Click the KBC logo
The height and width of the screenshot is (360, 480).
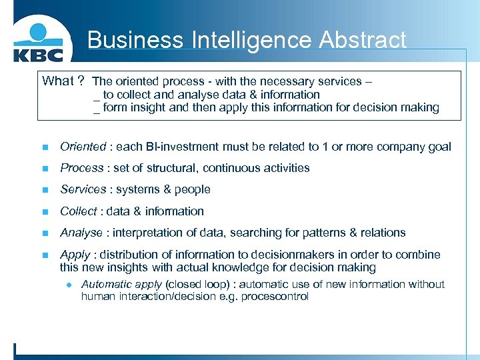(38, 44)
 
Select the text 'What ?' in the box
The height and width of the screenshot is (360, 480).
(63, 81)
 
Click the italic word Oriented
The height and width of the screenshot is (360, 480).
(83, 147)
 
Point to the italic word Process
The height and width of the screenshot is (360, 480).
(81, 168)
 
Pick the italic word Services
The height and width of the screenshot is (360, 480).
(82, 189)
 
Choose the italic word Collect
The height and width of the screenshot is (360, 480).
(79, 211)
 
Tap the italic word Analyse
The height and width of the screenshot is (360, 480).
(81, 233)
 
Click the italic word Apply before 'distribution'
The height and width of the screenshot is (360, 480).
(75, 255)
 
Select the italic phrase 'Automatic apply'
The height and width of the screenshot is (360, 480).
(121, 284)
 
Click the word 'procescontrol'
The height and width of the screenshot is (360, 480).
(275, 297)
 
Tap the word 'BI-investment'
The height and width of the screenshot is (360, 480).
(167, 147)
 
